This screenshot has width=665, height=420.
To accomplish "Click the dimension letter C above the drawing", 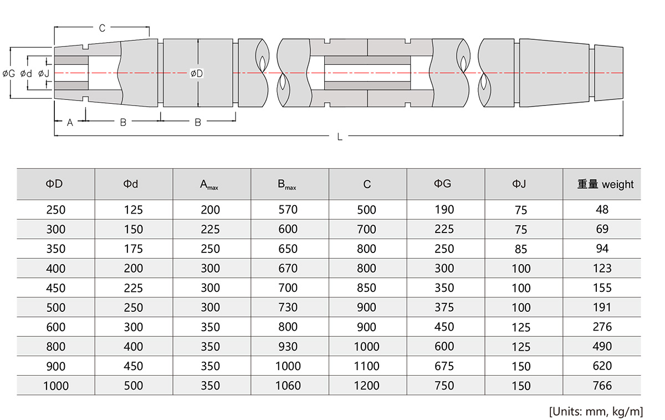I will (102, 28).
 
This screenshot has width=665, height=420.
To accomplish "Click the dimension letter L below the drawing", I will (340, 136).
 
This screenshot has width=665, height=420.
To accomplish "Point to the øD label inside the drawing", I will (196, 73).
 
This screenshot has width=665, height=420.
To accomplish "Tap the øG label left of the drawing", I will (9, 73).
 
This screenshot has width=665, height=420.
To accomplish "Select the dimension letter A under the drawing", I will (70, 123).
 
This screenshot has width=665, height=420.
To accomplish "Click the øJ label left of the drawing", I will (44, 73).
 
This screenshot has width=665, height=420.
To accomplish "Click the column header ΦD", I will (55, 184).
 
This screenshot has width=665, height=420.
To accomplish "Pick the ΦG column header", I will (444, 184).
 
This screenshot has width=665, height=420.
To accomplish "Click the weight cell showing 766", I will (602, 386).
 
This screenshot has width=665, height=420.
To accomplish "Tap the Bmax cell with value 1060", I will (288, 386).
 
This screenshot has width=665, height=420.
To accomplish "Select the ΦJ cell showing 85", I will (521, 249).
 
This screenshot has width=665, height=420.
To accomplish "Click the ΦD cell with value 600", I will (55, 327).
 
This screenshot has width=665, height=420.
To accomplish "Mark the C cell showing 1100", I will (366, 366).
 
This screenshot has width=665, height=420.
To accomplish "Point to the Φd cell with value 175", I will (133, 249).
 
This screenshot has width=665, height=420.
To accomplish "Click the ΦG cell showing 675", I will (444, 366).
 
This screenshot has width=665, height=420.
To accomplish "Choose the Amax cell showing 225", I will (210, 230).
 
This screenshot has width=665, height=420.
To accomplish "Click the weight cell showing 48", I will (602, 210).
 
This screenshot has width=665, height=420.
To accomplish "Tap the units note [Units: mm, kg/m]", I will (596, 411).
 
